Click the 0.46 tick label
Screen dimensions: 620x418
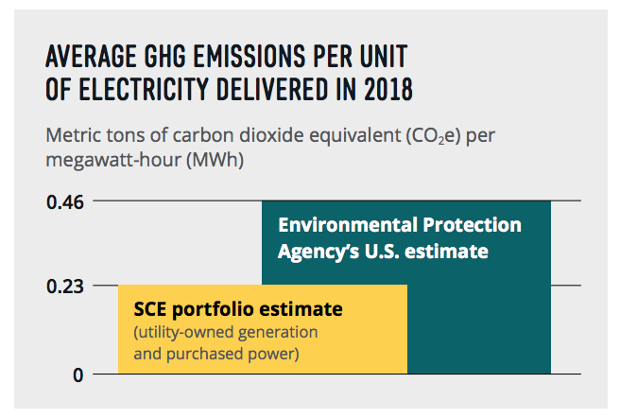click(65, 202)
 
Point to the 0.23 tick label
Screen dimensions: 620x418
click(65, 287)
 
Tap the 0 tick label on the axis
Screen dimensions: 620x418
click(78, 375)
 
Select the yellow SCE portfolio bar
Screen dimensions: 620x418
click(263, 329)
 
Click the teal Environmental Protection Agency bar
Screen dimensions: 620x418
click(406, 287)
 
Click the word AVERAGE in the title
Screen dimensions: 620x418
click(92, 57)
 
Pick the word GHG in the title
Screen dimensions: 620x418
click(164, 57)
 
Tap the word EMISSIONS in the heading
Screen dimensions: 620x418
click(250, 57)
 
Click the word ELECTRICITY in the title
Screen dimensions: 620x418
click(143, 90)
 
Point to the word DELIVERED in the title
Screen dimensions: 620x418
click(272, 90)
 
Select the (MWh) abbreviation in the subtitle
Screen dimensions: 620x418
click(215, 160)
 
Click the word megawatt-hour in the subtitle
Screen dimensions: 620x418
click(113, 161)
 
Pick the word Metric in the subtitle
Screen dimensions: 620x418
click(74, 135)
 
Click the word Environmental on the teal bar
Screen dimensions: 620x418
click(349, 224)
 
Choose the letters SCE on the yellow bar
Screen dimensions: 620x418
click(150, 309)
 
